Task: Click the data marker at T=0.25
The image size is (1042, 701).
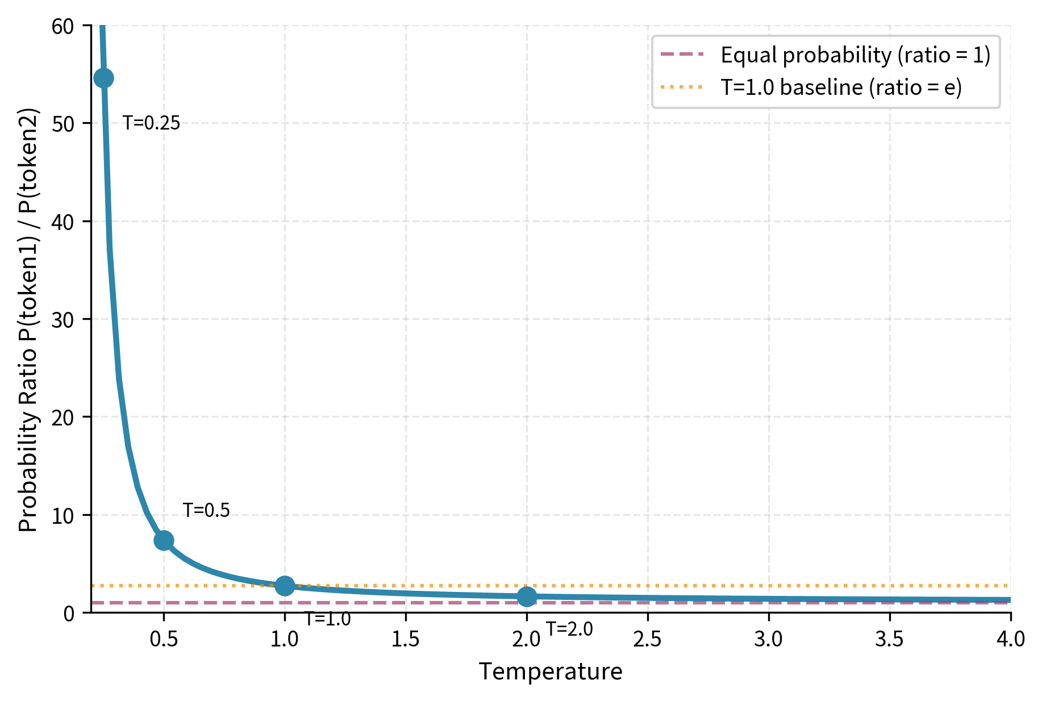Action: tap(103, 78)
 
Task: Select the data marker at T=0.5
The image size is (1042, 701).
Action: tap(164, 540)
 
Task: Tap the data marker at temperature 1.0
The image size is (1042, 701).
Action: tap(285, 586)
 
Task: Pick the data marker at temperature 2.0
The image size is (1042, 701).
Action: tap(527, 596)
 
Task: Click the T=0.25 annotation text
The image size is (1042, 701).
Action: tap(152, 123)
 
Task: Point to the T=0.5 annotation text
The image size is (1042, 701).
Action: tap(206, 510)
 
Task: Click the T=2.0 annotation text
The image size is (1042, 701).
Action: tap(569, 629)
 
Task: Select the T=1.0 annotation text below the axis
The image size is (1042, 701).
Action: tap(328, 619)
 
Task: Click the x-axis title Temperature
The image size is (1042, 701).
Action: tap(551, 671)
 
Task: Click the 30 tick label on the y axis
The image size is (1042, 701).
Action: tap(62, 320)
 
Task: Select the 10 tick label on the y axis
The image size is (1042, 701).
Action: tap(62, 516)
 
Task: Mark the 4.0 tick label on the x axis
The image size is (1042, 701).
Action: tap(1010, 640)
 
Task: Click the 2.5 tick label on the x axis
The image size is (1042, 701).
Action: tap(647, 640)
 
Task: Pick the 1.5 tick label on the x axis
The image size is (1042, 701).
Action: tap(405, 640)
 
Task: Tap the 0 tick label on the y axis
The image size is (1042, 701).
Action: tap(69, 614)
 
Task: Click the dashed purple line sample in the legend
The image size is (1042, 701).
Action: tap(682, 55)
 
